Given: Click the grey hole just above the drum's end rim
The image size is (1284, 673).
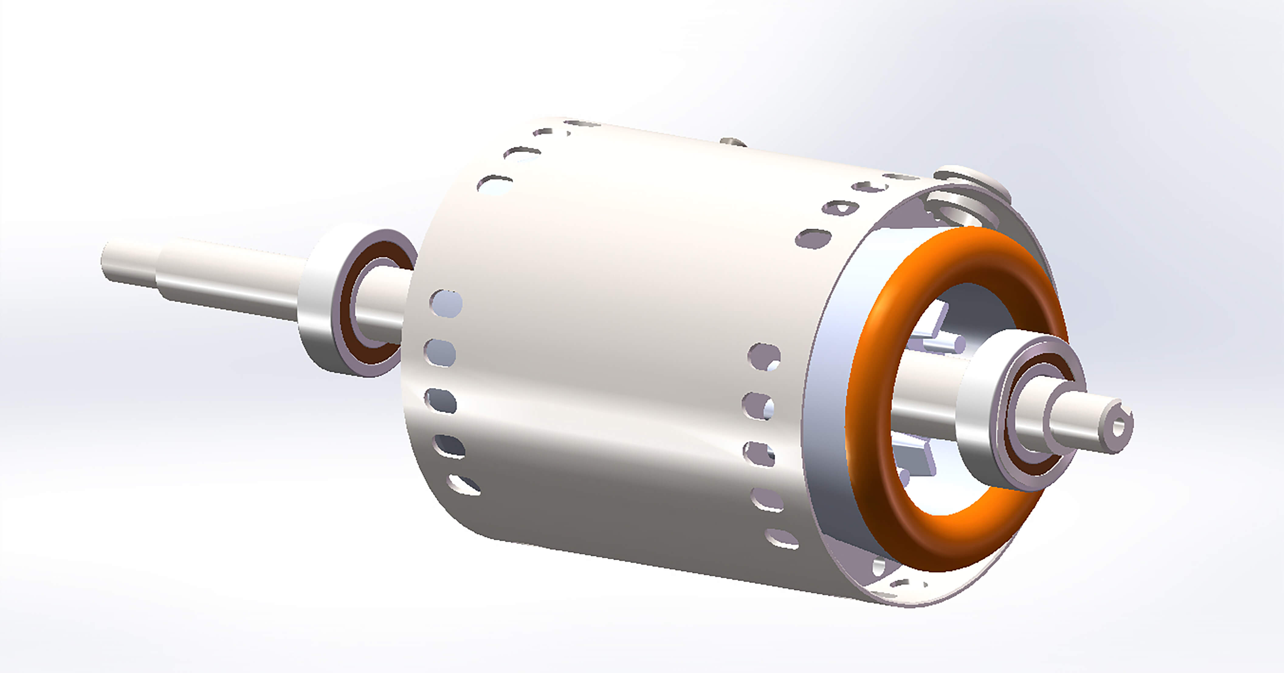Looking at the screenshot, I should [814, 239].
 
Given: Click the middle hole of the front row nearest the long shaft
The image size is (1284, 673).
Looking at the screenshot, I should [441, 401].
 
